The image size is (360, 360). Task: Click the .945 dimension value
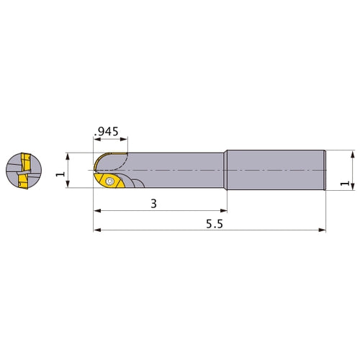(107, 131)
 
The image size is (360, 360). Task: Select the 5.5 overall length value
(215, 224)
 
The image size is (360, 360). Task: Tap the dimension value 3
(153, 204)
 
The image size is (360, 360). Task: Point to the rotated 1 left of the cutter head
(60, 174)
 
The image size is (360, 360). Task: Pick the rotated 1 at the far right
(345, 183)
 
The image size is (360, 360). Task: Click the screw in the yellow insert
(110, 181)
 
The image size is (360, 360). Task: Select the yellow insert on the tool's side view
(109, 181)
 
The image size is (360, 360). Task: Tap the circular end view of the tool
(24, 171)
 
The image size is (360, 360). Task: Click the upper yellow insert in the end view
(26, 162)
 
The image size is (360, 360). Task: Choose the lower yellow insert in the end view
(23, 181)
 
